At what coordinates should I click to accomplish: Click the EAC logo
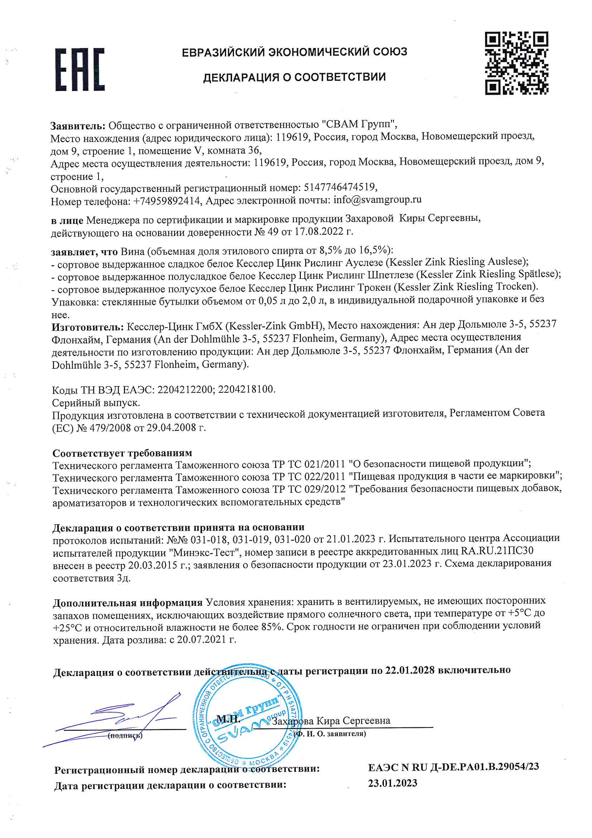pyautogui.click(x=80, y=69)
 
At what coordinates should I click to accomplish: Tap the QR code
pyautogui.click(x=516, y=63)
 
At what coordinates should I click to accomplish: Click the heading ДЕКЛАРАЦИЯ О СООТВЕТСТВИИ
pyautogui.click(x=294, y=77)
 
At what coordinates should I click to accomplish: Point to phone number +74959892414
pyautogui.click(x=167, y=201)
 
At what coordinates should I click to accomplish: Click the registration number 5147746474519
pyautogui.click(x=339, y=187)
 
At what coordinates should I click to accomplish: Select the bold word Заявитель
pyautogui.click(x=77, y=126)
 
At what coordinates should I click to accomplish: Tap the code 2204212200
pyautogui.click(x=186, y=390)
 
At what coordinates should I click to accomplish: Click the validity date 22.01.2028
pyautogui.click(x=410, y=670)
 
